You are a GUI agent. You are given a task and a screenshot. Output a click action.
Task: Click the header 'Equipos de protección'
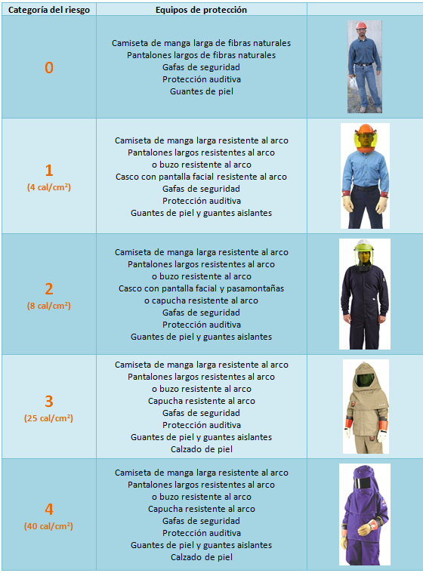[201, 10]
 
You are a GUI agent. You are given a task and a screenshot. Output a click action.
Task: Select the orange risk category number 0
[49, 68]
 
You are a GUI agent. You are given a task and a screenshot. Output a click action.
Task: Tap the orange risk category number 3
[49, 402]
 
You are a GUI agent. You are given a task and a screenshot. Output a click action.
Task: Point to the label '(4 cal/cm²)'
[49, 186]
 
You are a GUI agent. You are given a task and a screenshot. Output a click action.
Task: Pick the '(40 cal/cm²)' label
[49, 525]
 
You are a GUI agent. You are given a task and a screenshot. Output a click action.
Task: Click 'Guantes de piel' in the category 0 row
[201, 91]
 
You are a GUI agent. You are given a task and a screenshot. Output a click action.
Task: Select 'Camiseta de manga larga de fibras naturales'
[201, 43]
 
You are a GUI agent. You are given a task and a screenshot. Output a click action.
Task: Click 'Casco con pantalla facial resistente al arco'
[201, 177]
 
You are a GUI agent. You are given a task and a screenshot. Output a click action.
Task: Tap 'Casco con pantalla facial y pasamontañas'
[201, 288]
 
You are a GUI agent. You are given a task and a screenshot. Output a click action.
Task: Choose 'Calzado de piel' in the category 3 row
[201, 449]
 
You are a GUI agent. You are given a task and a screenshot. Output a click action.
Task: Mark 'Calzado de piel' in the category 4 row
[201, 557]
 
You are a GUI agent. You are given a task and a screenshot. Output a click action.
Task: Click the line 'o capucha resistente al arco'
[201, 300]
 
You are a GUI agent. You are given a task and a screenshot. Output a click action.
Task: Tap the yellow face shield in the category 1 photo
[364, 139]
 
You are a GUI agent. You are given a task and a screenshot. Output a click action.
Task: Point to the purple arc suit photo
[364, 513]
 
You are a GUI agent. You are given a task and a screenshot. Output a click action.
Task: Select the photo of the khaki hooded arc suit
[365, 405]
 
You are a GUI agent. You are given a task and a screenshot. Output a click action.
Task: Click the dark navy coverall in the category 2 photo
[364, 302]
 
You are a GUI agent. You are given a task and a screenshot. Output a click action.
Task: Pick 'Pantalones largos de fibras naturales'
[201, 55]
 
